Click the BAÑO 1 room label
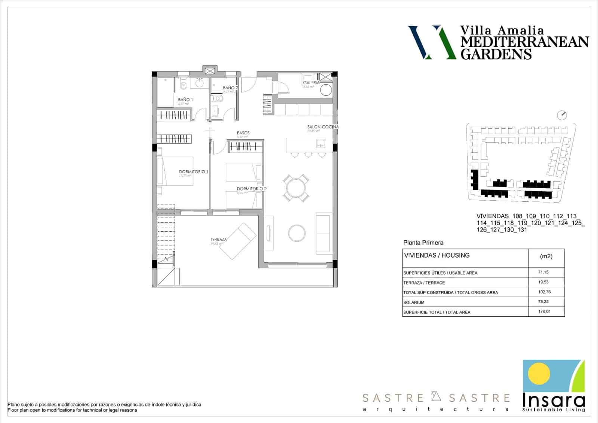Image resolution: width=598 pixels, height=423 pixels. (185, 100)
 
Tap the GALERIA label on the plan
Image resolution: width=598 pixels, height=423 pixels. (311, 83)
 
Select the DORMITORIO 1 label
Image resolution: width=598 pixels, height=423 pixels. (193, 171)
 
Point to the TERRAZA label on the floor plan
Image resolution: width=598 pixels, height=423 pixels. (219, 240)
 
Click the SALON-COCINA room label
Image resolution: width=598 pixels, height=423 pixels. (323, 127)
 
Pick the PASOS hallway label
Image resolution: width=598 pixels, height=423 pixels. (243, 133)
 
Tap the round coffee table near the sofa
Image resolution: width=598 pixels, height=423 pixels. (297, 232)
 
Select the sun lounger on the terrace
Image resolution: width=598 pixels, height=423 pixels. (238, 241)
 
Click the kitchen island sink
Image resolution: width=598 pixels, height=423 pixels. (321, 143)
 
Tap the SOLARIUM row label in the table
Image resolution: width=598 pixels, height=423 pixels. (414, 302)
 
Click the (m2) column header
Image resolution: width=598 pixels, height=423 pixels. (546, 256)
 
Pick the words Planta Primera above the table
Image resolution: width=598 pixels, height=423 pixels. (423, 243)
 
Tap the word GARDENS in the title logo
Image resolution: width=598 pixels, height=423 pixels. (496, 54)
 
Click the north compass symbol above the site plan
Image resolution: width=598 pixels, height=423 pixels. (561, 115)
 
